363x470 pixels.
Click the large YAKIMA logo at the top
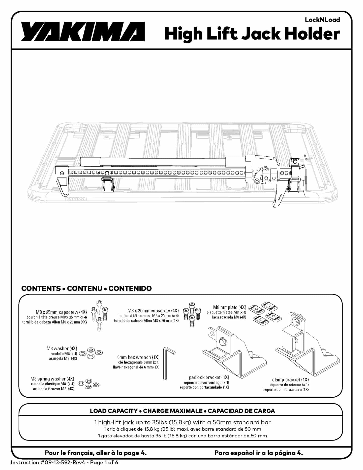tap(83, 32)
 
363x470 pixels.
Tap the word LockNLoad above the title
tap(322, 20)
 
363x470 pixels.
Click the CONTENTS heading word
tap(41, 288)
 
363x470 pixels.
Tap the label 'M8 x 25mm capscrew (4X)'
tap(61, 312)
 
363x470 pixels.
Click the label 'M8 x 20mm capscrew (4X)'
tap(153, 311)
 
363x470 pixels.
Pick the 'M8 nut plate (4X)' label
tap(230, 307)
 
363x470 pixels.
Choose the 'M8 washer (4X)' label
tap(62, 348)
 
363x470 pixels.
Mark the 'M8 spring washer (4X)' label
tap(52, 379)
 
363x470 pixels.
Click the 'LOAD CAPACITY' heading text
tap(114, 411)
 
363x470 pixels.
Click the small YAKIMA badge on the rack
tap(76, 199)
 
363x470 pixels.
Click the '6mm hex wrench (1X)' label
tap(138, 357)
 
